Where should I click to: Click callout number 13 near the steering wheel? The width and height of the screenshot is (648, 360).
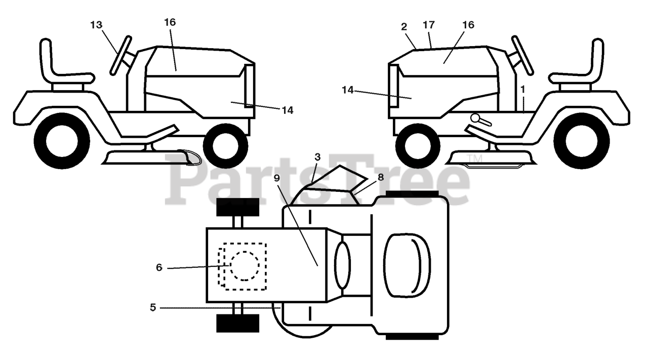pyautogui.click(x=96, y=25)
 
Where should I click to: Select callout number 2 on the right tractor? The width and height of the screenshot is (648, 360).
pyautogui.click(x=404, y=27)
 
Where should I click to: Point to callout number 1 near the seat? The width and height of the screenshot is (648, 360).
pyautogui.click(x=522, y=88)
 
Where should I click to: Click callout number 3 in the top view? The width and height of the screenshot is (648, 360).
pyautogui.click(x=317, y=157)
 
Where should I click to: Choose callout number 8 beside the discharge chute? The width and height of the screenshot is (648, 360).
pyautogui.click(x=381, y=177)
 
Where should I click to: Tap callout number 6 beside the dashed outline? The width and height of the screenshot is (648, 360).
pyautogui.click(x=159, y=267)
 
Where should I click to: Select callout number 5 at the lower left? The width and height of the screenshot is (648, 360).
pyautogui.click(x=153, y=306)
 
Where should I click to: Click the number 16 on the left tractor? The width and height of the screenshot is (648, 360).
pyautogui.click(x=170, y=22)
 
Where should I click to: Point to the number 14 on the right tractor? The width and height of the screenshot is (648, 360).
pyautogui.click(x=348, y=90)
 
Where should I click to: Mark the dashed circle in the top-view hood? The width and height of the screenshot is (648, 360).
pyautogui.click(x=245, y=265)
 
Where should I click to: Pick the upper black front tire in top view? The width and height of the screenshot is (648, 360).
pyautogui.click(x=237, y=207)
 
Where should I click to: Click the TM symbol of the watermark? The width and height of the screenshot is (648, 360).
pyautogui.click(x=475, y=160)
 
